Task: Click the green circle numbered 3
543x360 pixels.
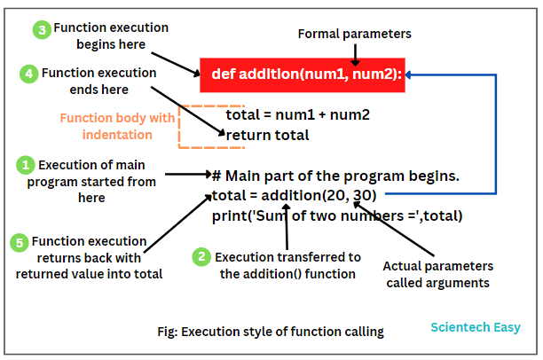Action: pyautogui.click(x=42, y=29)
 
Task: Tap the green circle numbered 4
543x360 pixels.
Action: pyautogui.click(x=29, y=74)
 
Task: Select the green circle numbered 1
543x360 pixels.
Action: pyautogui.click(x=27, y=165)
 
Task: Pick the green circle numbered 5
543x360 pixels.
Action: pyautogui.click(x=19, y=242)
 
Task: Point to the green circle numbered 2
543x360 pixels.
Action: pyautogui.click(x=202, y=257)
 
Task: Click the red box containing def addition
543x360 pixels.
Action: pyautogui.click(x=303, y=74)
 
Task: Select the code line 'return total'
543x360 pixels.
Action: pyautogui.click(x=268, y=135)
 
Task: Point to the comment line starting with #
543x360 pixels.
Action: pyautogui.click(x=335, y=176)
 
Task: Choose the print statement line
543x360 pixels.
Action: pyautogui.click(x=337, y=215)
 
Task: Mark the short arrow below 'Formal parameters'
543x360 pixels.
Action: pyautogui.click(x=354, y=54)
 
